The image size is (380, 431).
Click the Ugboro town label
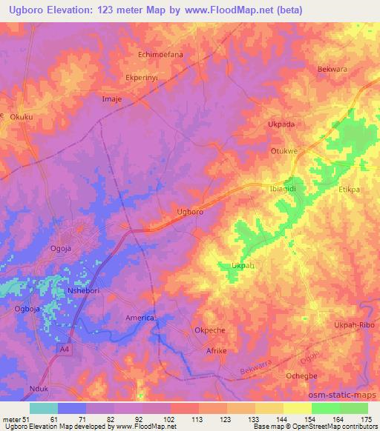190,211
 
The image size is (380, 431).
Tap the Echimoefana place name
161,55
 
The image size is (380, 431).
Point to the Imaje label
111,98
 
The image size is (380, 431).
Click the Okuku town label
22,116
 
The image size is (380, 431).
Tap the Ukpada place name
281,125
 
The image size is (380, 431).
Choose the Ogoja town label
58,249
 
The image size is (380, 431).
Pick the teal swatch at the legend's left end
43,408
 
